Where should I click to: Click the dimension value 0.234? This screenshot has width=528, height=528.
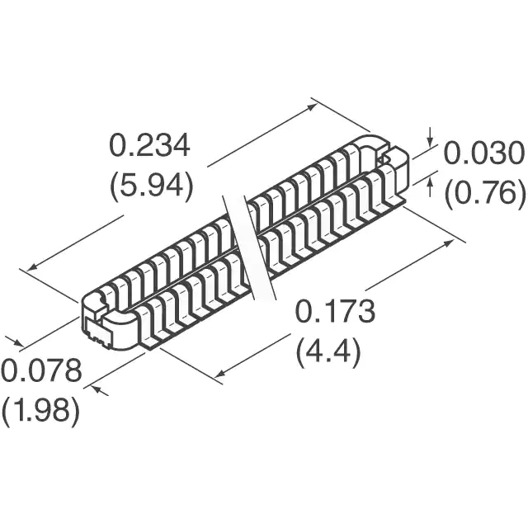coord(149,145)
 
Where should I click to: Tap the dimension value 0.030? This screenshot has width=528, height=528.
coord(484,153)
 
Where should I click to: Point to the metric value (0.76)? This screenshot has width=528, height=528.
coord(485,192)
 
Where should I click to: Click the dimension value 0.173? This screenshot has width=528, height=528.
coord(335,312)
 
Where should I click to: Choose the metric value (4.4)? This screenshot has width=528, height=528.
coord(328,351)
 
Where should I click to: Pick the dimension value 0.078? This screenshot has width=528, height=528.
coord(41,370)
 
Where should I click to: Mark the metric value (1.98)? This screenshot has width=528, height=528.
coord(40,411)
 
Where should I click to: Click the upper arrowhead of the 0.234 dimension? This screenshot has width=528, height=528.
coord(313,106)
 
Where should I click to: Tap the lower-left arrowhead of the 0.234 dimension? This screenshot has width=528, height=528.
coord(32,267)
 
